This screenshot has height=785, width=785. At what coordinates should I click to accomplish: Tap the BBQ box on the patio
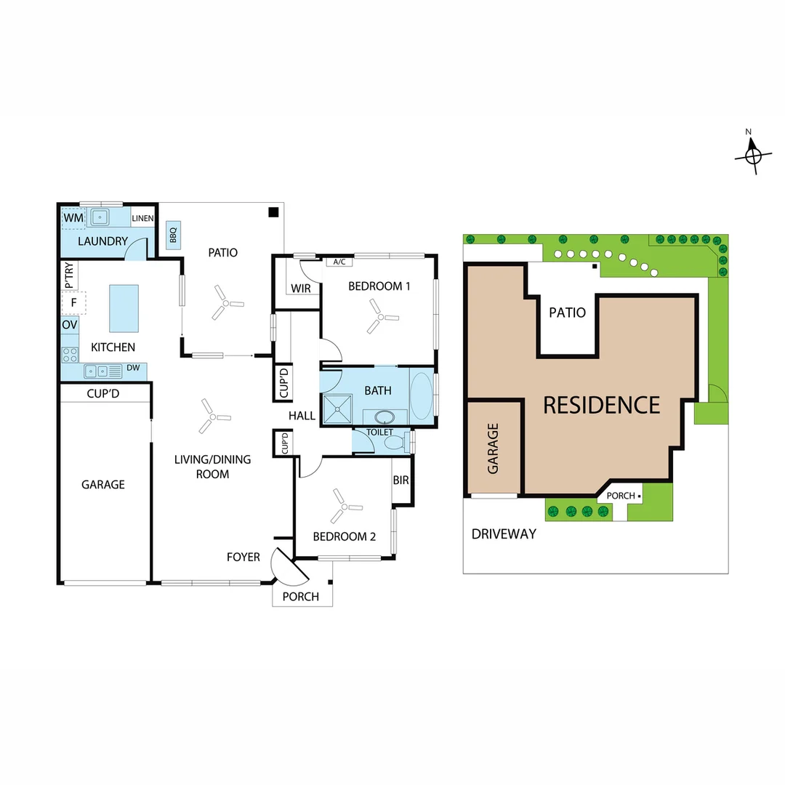click(173, 235)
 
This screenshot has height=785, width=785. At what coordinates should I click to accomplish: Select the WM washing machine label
click(73, 218)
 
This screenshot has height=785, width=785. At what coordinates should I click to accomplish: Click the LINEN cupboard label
click(142, 218)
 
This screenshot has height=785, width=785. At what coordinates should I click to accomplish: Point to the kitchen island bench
click(124, 308)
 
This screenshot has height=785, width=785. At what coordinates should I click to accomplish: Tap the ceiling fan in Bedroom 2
click(345, 506)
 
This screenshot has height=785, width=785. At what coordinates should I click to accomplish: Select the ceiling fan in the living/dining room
click(214, 416)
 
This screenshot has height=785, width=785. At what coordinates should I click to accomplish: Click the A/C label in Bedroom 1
click(339, 262)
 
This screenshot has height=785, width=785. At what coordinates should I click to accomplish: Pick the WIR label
click(301, 289)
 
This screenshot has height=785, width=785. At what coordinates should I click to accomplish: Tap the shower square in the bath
click(337, 409)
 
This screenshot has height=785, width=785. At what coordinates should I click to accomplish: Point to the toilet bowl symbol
click(396, 443)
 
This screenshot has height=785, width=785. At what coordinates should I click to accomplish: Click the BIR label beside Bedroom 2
click(401, 480)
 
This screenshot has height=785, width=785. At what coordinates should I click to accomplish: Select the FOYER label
click(243, 557)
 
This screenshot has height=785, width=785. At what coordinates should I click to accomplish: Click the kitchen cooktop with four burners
click(70, 355)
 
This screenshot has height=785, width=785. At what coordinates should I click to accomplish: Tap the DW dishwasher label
click(133, 368)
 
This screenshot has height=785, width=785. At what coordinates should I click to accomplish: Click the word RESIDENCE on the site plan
click(602, 405)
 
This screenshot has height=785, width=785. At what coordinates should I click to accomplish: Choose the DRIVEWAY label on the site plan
click(504, 534)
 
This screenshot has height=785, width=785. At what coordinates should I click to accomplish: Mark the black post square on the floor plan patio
click(273, 212)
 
